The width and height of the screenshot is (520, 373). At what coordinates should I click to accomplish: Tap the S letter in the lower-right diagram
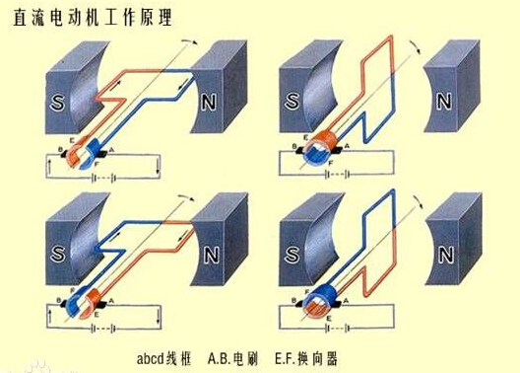293,255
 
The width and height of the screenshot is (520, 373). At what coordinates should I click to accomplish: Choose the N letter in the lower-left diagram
212,255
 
